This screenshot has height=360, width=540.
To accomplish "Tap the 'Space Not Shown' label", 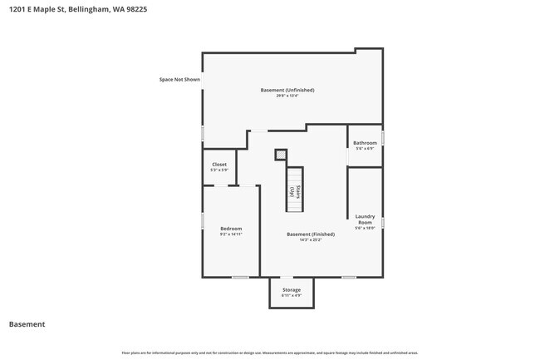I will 180,80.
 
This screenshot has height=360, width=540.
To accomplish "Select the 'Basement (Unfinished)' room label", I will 287,90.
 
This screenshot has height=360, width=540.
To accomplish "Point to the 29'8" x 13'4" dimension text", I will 287,96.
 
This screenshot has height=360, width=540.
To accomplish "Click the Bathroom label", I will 365,143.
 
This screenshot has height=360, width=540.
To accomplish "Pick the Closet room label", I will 219,165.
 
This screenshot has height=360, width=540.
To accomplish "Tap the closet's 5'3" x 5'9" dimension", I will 219,170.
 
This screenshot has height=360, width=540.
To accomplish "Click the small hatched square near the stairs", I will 281,154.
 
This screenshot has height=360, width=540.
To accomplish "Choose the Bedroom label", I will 231,229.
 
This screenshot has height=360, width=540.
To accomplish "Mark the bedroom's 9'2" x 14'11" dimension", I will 231,234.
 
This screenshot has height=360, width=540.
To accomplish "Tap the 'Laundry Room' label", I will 365,219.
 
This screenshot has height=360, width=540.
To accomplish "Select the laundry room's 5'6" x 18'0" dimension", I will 365,228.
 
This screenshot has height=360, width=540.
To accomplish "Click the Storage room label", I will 291,289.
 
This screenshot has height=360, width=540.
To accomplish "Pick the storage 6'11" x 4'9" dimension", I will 291,295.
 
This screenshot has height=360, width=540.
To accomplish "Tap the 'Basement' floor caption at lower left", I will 27,324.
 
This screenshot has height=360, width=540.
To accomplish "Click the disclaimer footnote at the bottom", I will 270,353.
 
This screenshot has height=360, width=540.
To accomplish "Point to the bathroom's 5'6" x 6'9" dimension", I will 365,149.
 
